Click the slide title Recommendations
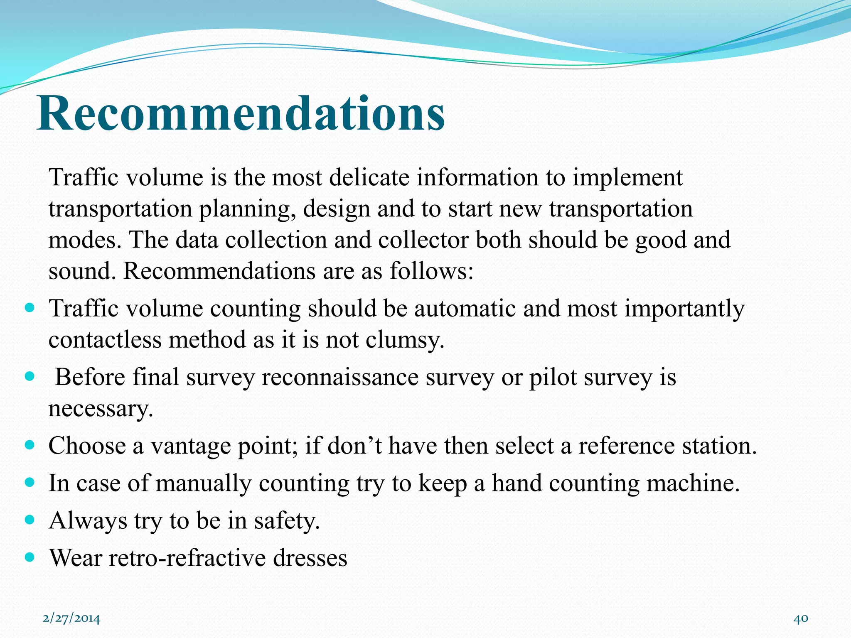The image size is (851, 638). [x=241, y=113]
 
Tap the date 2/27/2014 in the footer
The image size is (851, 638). [x=71, y=618]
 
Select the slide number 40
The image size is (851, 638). [x=801, y=618]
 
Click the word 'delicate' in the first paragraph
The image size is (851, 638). [x=369, y=178]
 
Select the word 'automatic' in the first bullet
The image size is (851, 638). [x=465, y=309]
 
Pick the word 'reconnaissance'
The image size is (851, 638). [x=340, y=378]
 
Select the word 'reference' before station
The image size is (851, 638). [x=626, y=446]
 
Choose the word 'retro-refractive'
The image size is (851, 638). [x=187, y=558]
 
